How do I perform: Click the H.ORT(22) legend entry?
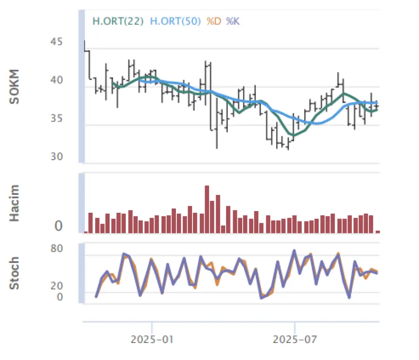pyautogui.click(x=118, y=21)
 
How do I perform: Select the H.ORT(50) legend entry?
pyautogui.click(x=175, y=21)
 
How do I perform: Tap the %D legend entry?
pyautogui.click(x=214, y=21)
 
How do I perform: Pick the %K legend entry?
pyautogui.click(x=233, y=21)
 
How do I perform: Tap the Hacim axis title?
pyautogui.click(x=15, y=203)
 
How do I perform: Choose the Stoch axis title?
pyautogui.click(x=15, y=273)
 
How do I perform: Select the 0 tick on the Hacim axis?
pyautogui.click(x=58, y=226)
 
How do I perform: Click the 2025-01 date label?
pyautogui.click(x=152, y=339)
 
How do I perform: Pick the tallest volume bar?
pyautogui.click(x=207, y=209)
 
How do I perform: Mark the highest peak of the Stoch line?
pyautogui.click(x=294, y=250)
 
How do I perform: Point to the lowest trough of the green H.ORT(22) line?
pyautogui.click(x=293, y=135)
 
